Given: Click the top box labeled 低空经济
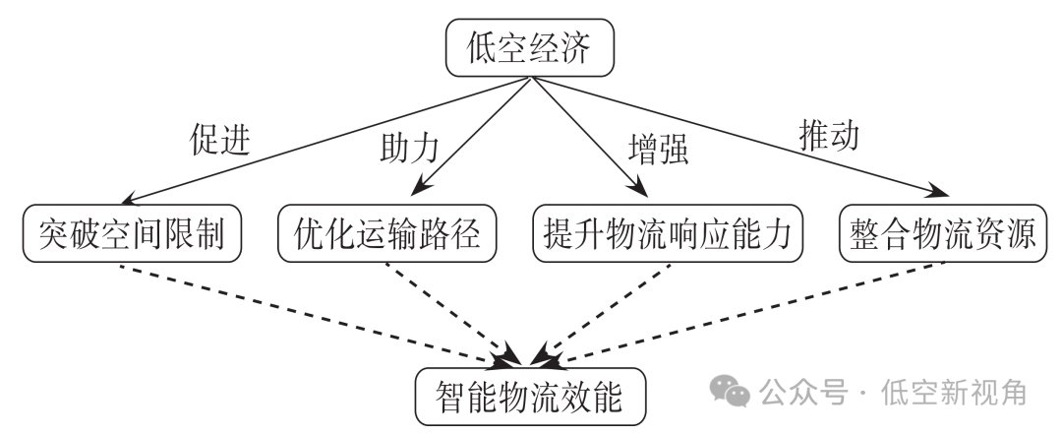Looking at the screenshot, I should coord(530,50).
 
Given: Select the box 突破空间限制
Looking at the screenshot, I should coord(133,233).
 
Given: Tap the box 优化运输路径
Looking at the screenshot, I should coord(386,233).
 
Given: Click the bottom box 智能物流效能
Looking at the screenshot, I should coord(530,396).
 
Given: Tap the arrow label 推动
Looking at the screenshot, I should coord(826,135).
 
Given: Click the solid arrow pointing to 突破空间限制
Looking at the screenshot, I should coord(324,138).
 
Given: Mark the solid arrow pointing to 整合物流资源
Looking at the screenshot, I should coord(737,138).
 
